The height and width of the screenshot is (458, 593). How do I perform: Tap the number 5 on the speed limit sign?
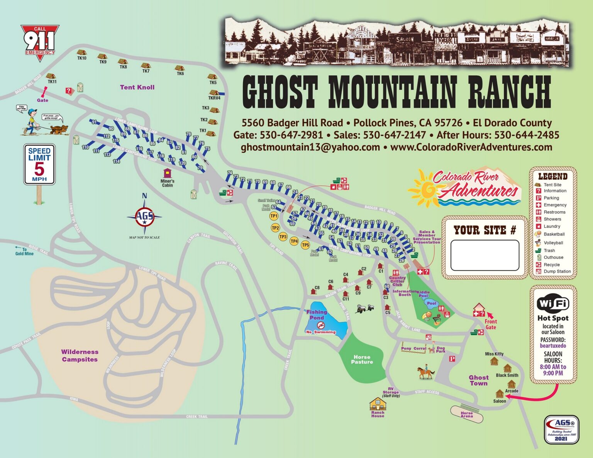coord(39,169)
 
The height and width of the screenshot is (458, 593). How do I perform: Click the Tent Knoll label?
coord(137,87)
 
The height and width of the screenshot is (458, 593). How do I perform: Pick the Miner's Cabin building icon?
coord(167,173)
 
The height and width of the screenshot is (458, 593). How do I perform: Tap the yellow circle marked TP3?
coord(283,237)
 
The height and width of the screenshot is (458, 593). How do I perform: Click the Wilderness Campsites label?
coord(80,356)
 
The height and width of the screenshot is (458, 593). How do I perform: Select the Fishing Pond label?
coord(317,315)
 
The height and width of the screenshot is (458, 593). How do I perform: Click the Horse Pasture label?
coord(362,360)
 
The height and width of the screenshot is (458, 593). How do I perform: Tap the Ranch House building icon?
coord(378,404)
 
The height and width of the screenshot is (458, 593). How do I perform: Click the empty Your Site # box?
coord(485,255)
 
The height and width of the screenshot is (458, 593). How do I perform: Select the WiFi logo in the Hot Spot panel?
coord(553,304)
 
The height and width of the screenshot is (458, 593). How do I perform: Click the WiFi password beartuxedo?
coord(553,346)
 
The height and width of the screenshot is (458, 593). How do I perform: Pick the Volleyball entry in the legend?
coord(553,243)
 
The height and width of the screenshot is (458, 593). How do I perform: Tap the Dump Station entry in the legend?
coord(557,271)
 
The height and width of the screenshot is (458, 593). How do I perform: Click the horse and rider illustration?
coord(425,372)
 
